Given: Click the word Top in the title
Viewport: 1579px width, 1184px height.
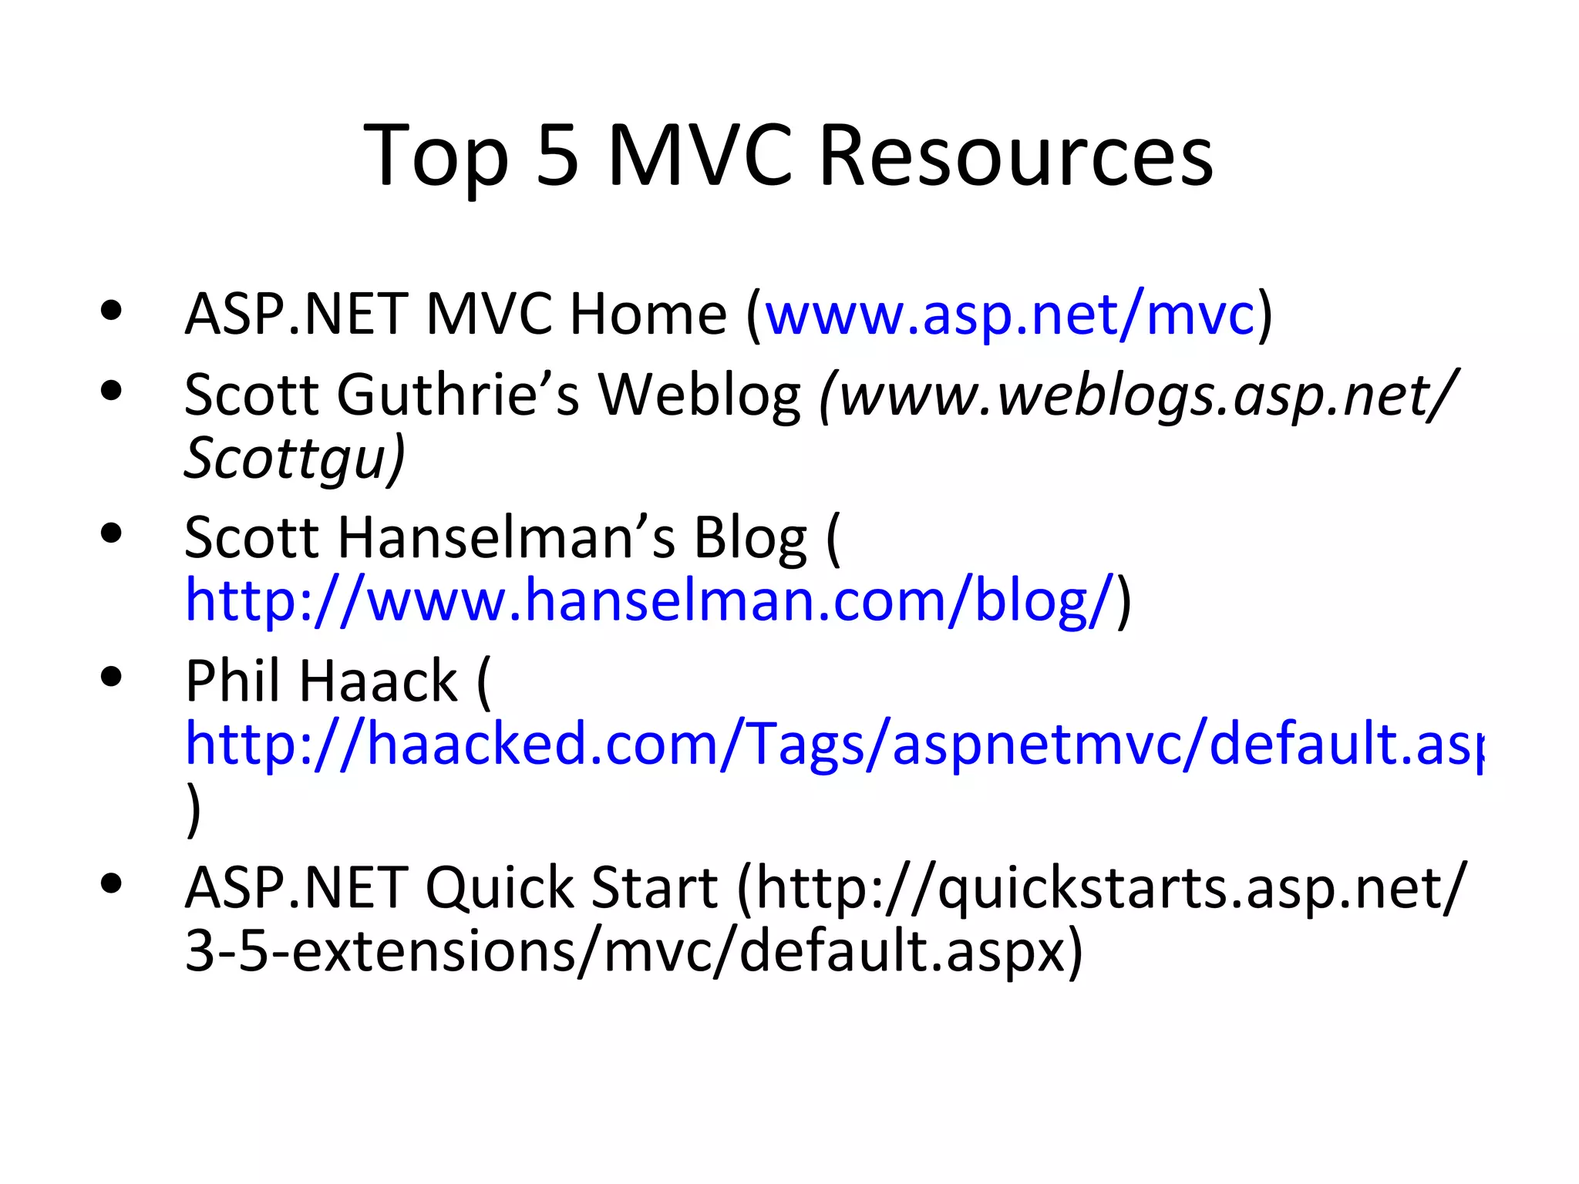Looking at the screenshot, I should tap(436, 158).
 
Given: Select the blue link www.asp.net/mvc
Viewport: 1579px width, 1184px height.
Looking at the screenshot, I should tap(1010, 314).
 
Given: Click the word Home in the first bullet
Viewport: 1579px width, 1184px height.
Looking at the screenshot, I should tap(648, 314).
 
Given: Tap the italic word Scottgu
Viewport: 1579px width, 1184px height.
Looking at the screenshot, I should tap(285, 458).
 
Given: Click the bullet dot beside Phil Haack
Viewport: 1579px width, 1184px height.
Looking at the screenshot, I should tap(111, 677).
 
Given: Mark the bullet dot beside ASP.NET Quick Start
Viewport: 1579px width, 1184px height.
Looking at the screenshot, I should tap(111, 883).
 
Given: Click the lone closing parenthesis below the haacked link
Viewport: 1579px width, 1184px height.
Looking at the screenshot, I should tap(194, 809).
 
